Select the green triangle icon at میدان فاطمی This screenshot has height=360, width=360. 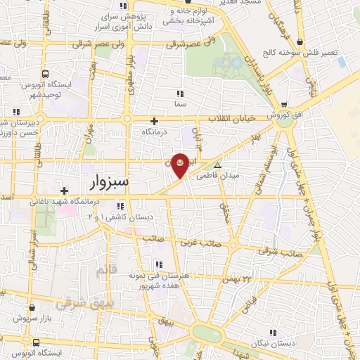coord(217,166)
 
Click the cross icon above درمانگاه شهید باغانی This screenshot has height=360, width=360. coord(64,190)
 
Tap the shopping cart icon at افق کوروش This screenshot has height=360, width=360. coord(283,102)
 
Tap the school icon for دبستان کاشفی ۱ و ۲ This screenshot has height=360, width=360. coord(120,206)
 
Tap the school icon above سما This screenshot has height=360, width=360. coord(180,93)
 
